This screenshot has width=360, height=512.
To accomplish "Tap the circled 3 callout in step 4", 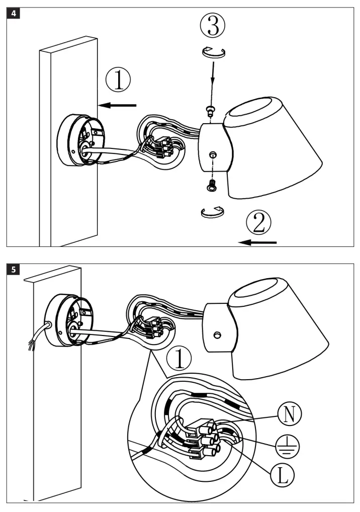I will click(213, 27).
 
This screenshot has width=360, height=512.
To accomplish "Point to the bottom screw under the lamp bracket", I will click(211, 186).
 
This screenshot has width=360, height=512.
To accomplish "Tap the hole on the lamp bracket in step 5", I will click(217, 334).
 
